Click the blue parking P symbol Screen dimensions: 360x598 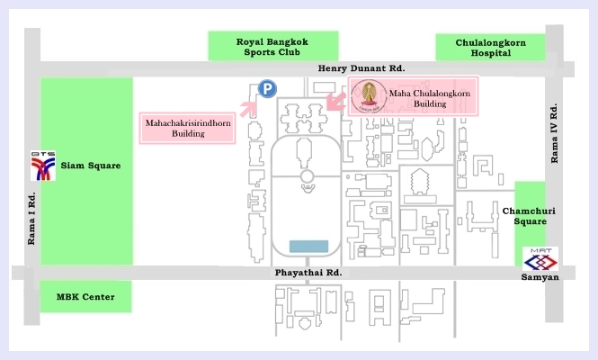pos(266,88)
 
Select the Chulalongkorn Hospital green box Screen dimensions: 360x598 pos(489,47)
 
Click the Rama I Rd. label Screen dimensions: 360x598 pos(31,218)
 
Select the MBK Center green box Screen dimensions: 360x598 pos(86,296)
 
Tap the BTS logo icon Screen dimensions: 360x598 pos(41,166)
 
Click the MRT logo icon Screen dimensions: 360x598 pos(540,258)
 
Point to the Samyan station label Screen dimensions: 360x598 pos(540,278)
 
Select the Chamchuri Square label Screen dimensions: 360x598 pos(530,216)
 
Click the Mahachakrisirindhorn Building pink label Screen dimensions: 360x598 pos(189,127)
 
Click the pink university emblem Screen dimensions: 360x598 pos(367,95)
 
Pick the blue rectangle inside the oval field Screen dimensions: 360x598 pos(309,246)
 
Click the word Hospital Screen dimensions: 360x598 pos(489,53)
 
